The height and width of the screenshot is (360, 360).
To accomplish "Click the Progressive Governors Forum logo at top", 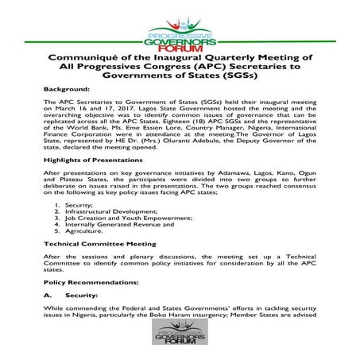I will pos(180,29).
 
